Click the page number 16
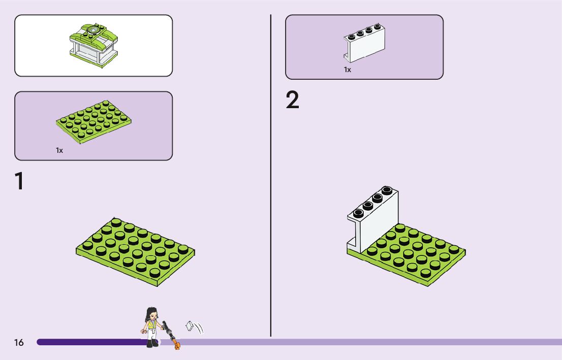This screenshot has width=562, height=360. pyautogui.click(x=19, y=343)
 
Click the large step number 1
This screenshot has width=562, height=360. pyautogui.click(x=19, y=181)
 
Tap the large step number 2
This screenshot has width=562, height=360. pyautogui.click(x=293, y=101)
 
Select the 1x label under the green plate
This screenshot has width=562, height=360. pyautogui.click(x=59, y=150)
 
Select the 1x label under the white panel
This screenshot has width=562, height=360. pyautogui.click(x=348, y=70)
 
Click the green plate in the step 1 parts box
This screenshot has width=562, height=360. pyautogui.click(x=94, y=122)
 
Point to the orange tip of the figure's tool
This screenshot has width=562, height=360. pyautogui.click(x=177, y=346)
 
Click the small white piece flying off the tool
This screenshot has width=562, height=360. pyautogui.click(x=191, y=325)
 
